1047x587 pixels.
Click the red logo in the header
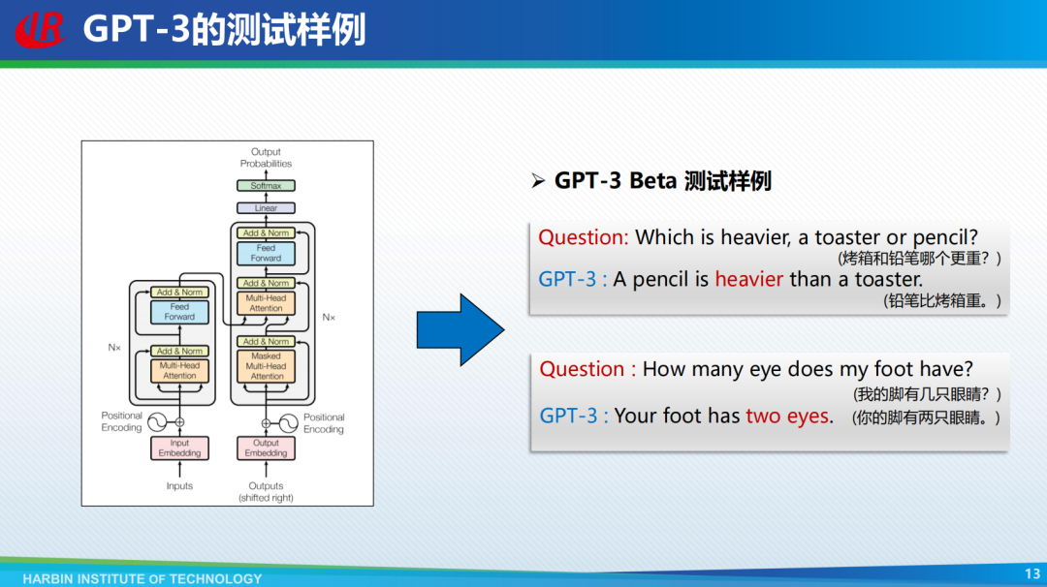[40, 30]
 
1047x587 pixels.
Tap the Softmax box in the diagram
[266, 185]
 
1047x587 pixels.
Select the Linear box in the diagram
[266, 208]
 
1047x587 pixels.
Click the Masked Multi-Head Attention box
[266, 366]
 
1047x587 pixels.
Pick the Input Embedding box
[179, 448]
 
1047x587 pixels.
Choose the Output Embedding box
[266, 448]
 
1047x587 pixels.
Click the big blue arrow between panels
[460, 329]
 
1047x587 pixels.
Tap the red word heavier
[748, 279]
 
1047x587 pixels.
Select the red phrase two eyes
[787, 416]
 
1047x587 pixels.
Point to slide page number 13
[1032, 573]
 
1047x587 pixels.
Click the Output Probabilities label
[266, 158]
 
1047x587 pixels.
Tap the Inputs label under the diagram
[179, 485]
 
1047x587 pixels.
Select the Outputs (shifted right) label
[266, 492]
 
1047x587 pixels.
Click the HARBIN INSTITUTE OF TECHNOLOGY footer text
[143, 578]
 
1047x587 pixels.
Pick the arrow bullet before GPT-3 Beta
[538, 181]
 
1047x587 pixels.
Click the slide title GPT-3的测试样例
[224, 30]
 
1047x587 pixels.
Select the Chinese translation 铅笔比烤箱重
[942, 301]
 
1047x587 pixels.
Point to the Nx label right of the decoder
[329, 318]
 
